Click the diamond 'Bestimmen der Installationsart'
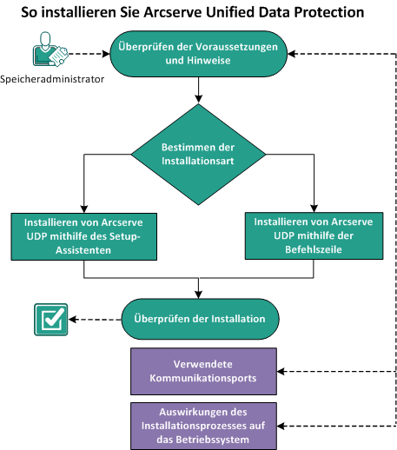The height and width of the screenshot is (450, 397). point(201,155)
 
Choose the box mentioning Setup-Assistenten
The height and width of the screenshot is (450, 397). point(83,235)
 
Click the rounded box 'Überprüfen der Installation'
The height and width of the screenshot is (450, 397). point(201,318)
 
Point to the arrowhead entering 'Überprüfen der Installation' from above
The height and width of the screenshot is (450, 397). point(201,293)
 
